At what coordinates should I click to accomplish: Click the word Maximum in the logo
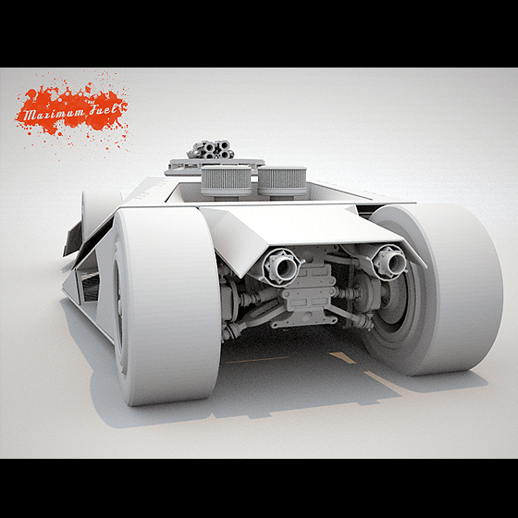point(54,114)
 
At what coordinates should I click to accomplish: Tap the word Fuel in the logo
point(104,110)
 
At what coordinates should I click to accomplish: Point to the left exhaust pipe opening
point(284,268)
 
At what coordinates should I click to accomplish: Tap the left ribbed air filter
point(226,181)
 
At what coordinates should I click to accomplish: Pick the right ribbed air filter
point(282,181)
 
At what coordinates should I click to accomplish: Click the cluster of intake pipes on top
point(211,150)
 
